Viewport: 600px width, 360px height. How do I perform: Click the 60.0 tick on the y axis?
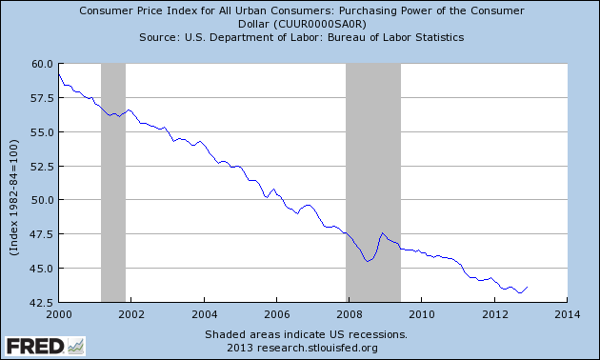click(40, 64)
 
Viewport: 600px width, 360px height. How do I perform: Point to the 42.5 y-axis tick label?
click(40, 303)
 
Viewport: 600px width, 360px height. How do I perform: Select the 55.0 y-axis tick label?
click(40, 131)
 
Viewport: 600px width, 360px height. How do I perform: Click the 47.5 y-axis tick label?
click(40, 234)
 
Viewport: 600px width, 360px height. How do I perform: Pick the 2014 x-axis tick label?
click(567, 313)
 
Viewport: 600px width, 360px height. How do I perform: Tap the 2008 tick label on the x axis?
click(349, 313)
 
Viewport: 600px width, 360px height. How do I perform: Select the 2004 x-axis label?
click(203, 313)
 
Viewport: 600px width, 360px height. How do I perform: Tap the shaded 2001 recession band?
click(113, 181)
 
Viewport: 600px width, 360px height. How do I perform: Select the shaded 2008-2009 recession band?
click(372, 181)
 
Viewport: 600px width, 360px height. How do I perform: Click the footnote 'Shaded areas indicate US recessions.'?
click(305, 334)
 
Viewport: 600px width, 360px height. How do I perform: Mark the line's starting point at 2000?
click(58, 73)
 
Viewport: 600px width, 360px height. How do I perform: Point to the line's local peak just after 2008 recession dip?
click(382, 232)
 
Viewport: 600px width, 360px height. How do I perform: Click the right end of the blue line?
click(528, 287)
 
